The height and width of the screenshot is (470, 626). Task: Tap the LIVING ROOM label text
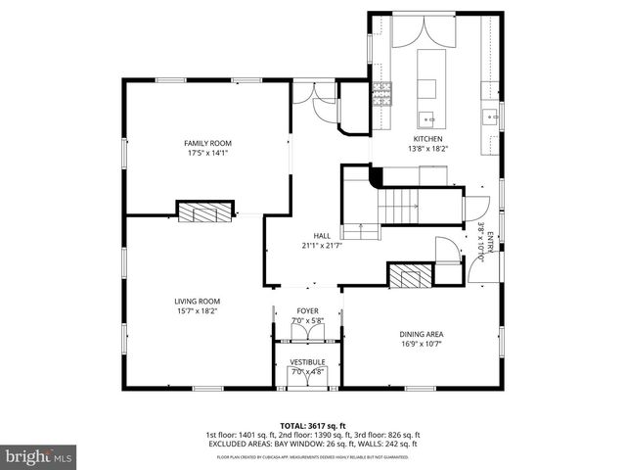pyautogui.click(x=197, y=301)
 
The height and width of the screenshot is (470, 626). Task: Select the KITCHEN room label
pyautogui.click(x=427, y=139)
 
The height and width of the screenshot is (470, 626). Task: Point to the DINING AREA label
pyautogui.click(x=422, y=334)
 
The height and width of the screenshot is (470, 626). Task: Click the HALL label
pyautogui.click(x=322, y=236)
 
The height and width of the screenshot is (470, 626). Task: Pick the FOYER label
pyautogui.click(x=308, y=310)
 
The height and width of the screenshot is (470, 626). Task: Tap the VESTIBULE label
pyautogui.click(x=307, y=361)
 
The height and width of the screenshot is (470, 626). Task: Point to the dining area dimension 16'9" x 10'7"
pyautogui.click(x=422, y=345)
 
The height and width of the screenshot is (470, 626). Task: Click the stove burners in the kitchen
pyautogui.click(x=380, y=94)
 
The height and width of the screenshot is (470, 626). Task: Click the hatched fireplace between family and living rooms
pyautogui.click(x=205, y=211)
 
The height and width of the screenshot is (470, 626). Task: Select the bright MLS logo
pyautogui.click(x=38, y=456)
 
